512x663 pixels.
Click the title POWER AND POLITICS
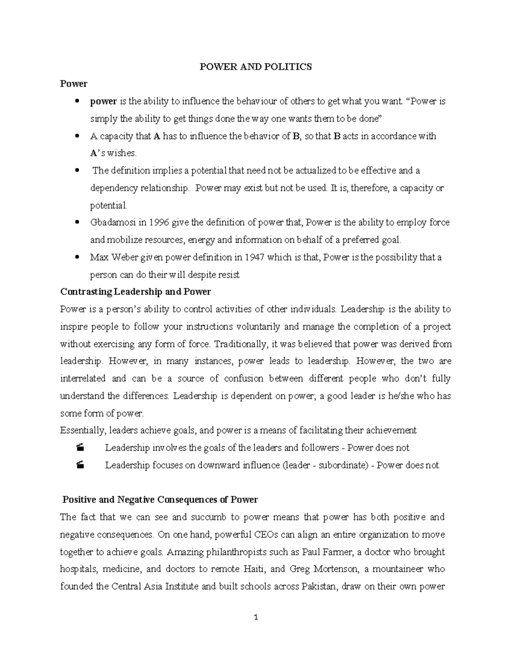click(256, 67)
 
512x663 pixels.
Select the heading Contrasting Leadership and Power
click(136, 292)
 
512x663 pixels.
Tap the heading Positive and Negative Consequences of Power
click(160, 499)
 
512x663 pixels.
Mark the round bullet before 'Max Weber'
click(77, 257)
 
